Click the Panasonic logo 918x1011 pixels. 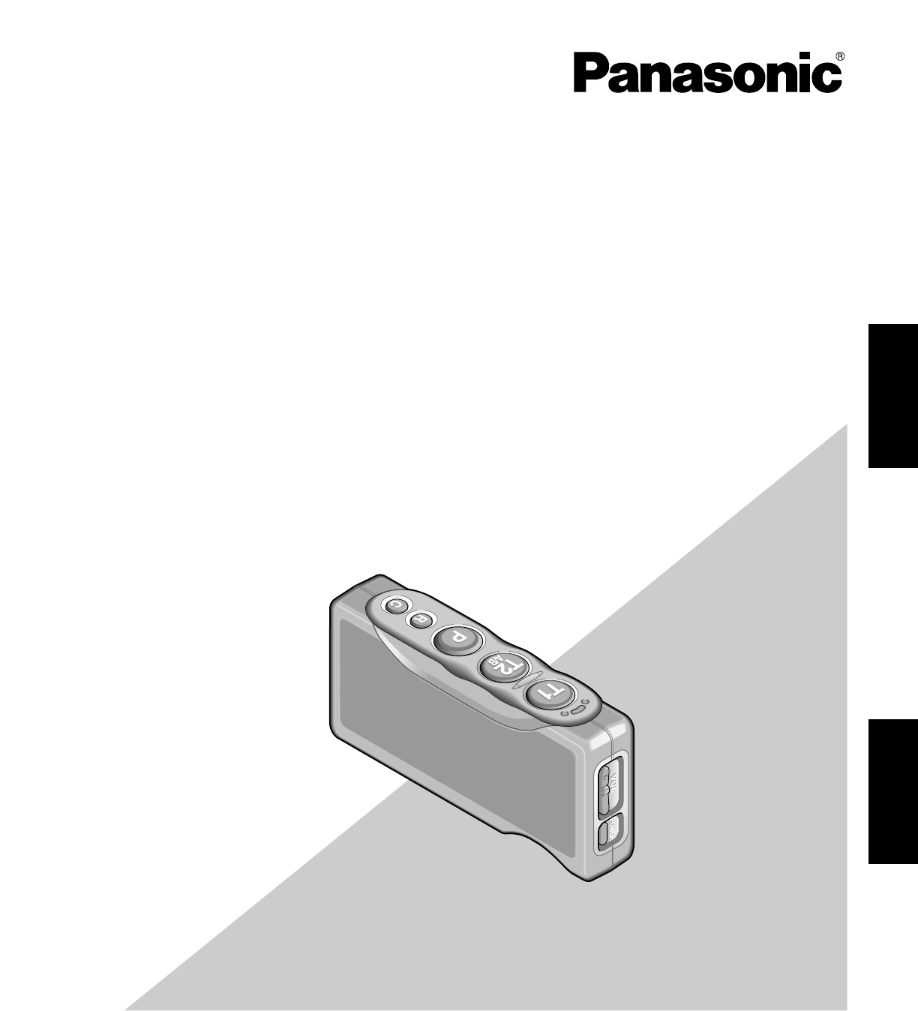[706, 73]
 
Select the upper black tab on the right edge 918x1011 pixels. [893, 395]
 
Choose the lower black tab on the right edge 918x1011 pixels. [893, 792]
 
